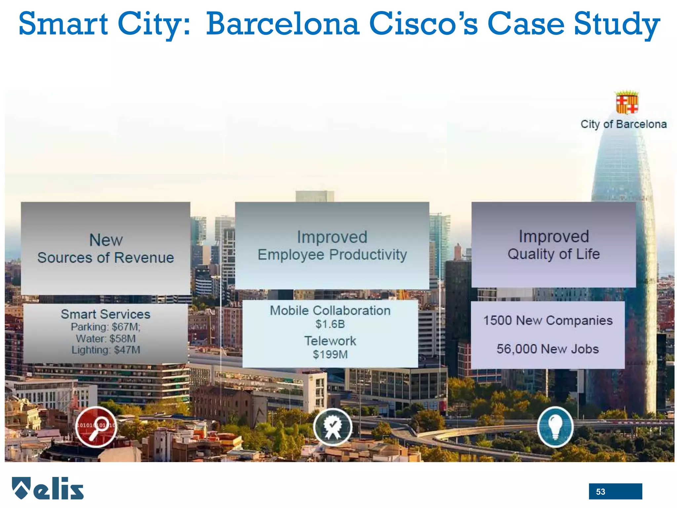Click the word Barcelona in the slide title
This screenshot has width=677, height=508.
coord(283,24)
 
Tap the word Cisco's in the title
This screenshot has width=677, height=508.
coord(423,24)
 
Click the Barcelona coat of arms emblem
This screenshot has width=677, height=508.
coord(627,103)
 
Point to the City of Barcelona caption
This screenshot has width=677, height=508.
coord(623,124)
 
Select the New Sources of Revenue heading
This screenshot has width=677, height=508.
coord(106,249)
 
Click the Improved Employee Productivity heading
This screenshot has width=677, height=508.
coord(332,246)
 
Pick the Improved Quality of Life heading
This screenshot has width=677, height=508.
coord(554,245)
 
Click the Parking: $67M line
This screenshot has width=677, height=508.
coord(105,327)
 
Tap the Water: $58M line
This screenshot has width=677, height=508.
coord(105,338)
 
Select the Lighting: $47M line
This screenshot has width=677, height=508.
coord(106,350)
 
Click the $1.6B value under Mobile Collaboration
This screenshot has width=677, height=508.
coord(330,324)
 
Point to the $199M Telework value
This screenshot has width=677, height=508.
coord(330,355)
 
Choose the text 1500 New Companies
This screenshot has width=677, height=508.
coord(548,320)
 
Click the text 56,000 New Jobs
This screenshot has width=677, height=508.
coord(547,349)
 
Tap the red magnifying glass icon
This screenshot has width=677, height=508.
coord(96,427)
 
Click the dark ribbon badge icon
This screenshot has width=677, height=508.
coord(333,427)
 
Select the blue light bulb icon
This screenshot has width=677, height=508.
coord(555,427)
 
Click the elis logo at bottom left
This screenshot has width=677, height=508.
coord(48,488)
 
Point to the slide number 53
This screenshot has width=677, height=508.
coord(601,492)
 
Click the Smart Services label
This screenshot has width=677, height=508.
coord(105,314)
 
